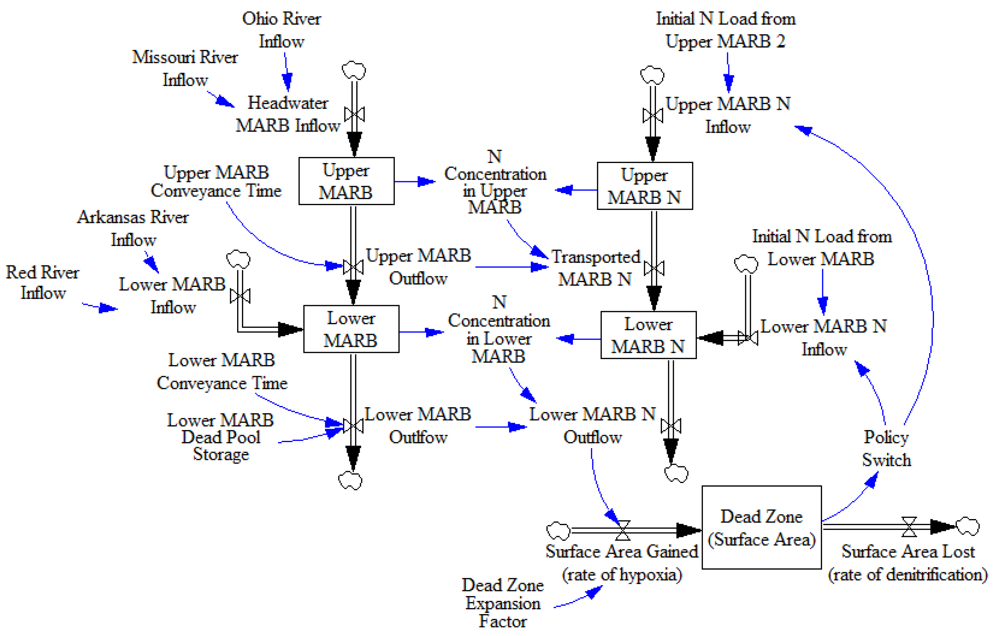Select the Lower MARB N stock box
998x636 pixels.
coord(648,335)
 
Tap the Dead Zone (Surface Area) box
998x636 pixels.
coord(761,527)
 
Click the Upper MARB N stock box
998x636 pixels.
coord(644,186)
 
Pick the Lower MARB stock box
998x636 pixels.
coord(351,329)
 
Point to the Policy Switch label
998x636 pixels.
coord(886,448)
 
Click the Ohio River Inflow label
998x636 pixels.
coord(281,30)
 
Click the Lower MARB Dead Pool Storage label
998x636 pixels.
coord(220,437)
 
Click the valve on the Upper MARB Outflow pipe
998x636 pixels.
coord(353,267)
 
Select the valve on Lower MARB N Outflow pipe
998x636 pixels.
coord(670,426)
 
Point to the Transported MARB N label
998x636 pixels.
coord(595,268)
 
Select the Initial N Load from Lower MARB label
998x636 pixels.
coord(822,248)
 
